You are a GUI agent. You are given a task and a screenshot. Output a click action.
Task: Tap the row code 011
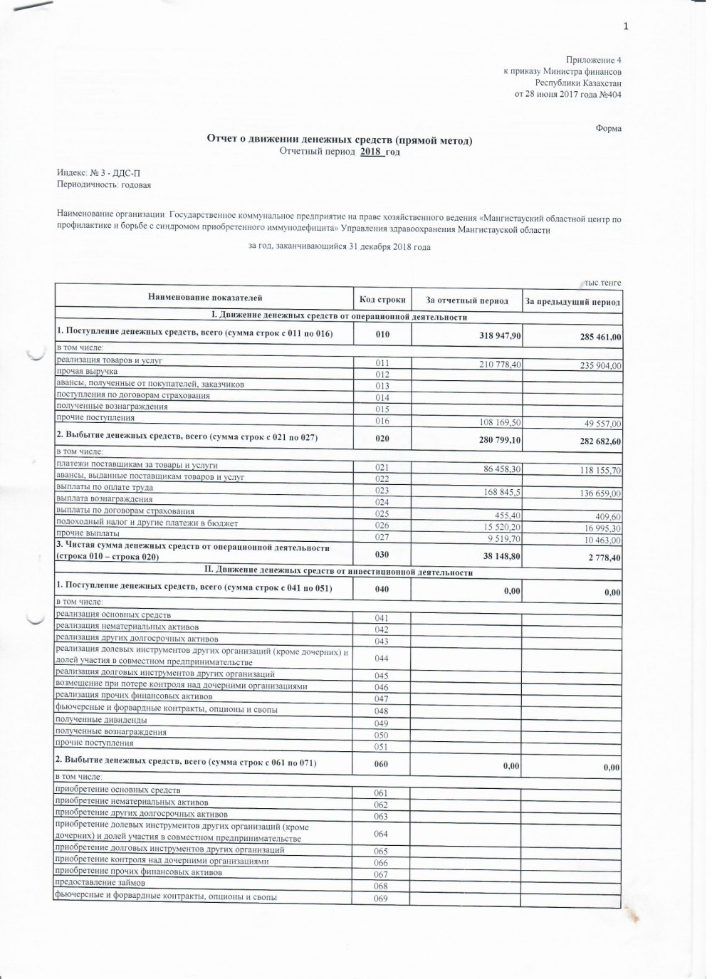[382, 363]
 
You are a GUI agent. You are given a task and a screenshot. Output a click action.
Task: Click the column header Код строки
[382, 300]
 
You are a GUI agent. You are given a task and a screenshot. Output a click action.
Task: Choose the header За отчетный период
[467, 300]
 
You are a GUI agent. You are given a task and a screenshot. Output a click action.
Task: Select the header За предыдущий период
[572, 302]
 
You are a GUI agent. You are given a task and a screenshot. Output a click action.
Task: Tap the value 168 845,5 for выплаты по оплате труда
[497, 491]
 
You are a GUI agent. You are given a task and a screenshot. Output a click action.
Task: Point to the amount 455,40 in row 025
[506, 515]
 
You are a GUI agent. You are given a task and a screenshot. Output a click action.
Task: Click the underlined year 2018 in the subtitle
[371, 152]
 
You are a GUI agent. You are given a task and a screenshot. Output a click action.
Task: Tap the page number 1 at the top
[625, 27]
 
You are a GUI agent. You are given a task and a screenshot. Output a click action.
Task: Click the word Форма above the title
[608, 129]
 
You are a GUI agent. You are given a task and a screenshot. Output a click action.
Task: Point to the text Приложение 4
[594, 61]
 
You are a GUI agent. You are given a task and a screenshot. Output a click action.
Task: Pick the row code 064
[381, 834]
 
